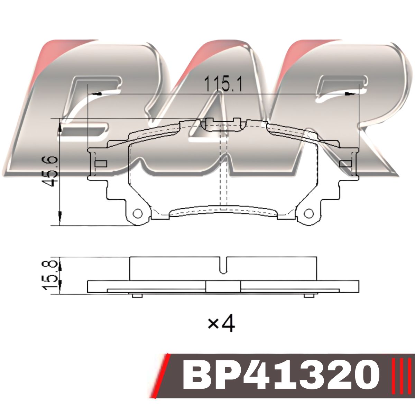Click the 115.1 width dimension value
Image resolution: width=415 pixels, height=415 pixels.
click(x=223, y=83)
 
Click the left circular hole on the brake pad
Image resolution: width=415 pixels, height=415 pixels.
click(x=138, y=213)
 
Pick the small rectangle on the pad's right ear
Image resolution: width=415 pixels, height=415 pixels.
click(x=345, y=164)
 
